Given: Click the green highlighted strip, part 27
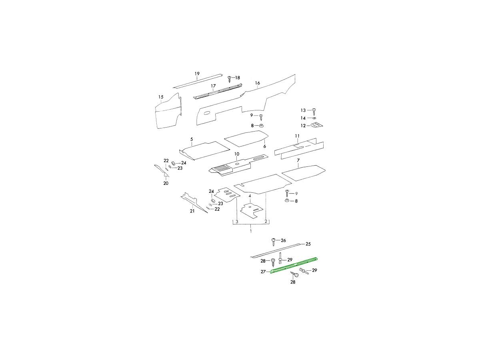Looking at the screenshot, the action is click(294, 265).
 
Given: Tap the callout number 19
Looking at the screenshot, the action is click(197, 74).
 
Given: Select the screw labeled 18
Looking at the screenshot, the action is click(230, 79).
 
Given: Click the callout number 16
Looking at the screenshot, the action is click(257, 83).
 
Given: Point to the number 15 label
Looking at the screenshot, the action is click(161, 97).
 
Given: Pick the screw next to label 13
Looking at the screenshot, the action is click(314, 112).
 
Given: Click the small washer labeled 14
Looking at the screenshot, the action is click(314, 118).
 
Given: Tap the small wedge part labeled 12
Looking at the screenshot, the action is click(317, 125).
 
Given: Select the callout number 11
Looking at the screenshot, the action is click(297, 136).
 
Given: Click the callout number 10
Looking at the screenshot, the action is click(237, 154).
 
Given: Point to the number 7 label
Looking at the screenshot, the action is click(298, 161).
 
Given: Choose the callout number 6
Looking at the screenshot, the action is click(265, 146).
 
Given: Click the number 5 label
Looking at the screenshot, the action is click(192, 139).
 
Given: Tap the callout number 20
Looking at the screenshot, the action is click(166, 183).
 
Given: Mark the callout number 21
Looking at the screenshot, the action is click(192, 211).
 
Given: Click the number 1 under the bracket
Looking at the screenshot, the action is click(251, 231).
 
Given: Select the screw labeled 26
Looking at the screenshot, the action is click(273, 242).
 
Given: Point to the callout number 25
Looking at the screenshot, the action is click(308, 244).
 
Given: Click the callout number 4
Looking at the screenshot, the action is click(250, 196).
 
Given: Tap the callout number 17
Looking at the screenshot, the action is click(213, 86).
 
